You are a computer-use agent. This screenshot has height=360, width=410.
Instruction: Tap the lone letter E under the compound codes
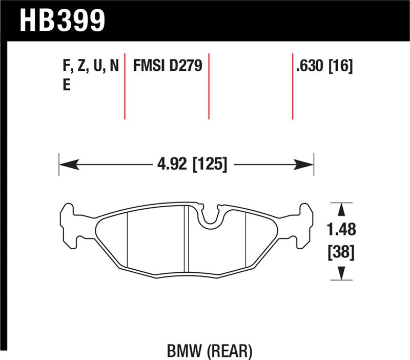coord(66,86)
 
